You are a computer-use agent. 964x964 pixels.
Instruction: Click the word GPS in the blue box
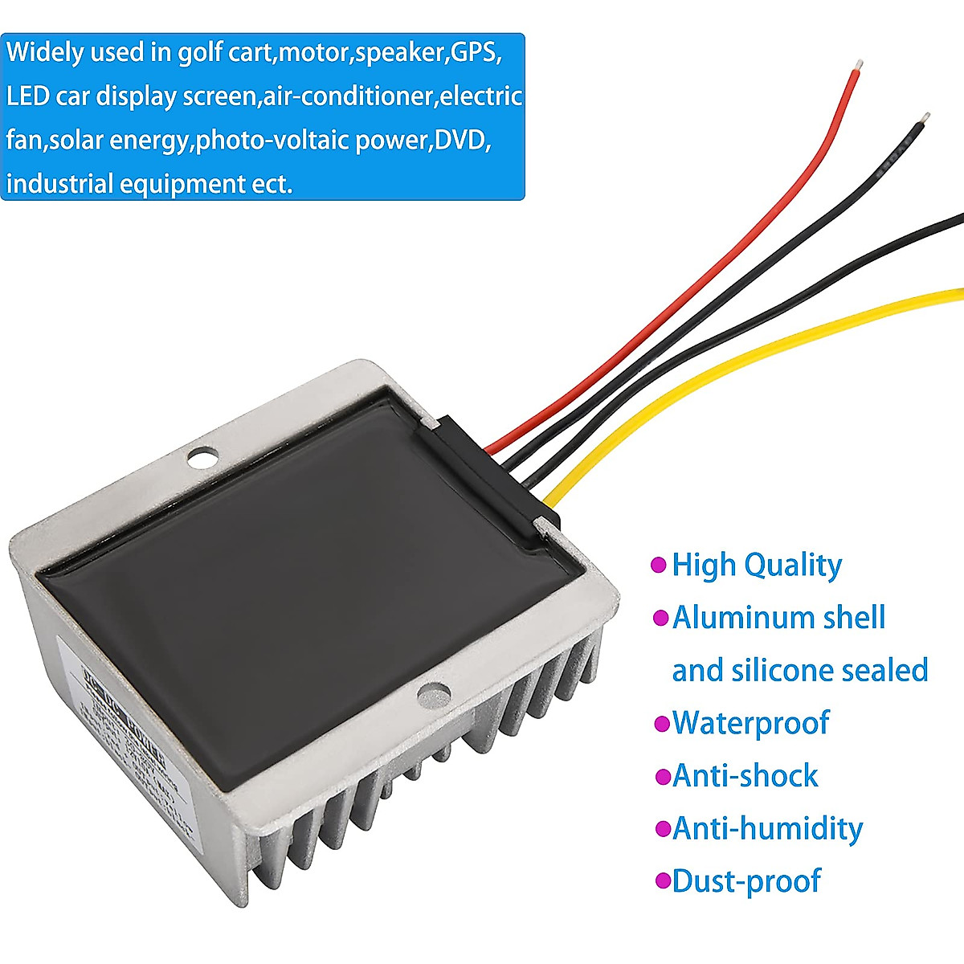[x=476, y=53]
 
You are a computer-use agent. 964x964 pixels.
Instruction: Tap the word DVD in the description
[x=463, y=141]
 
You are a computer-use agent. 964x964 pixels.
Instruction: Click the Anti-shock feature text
[x=745, y=775]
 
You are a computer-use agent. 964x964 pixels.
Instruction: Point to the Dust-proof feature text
[x=746, y=880]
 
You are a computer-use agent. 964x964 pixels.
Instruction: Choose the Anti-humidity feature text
[x=767, y=827]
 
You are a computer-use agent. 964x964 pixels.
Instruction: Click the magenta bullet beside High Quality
[x=659, y=566]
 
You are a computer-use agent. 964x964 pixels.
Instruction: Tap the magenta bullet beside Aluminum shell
[x=660, y=618]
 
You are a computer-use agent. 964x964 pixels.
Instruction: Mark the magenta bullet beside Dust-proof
[x=663, y=881]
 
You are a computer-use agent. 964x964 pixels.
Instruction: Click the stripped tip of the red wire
[x=860, y=63]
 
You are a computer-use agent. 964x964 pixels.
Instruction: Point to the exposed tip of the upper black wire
[x=927, y=117]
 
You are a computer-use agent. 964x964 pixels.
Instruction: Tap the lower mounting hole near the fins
[x=434, y=692]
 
